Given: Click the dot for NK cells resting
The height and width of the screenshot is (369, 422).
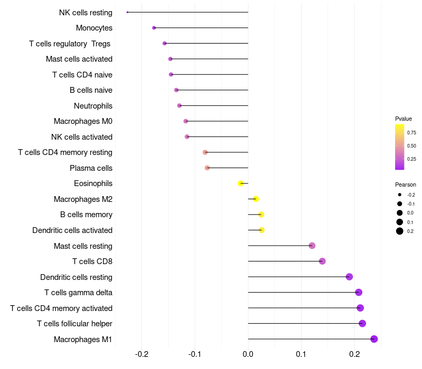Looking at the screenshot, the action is click(x=128, y=12).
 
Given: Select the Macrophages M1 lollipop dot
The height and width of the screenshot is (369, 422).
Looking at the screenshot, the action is click(x=374, y=339).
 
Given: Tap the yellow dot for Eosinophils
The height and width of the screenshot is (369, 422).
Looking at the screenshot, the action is click(x=241, y=183).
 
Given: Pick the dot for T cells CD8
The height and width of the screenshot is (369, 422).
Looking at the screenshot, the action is click(x=322, y=261).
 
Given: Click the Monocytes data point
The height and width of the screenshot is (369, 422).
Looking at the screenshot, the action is click(x=154, y=28).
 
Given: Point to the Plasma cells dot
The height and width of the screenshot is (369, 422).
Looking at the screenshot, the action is click(x=207, y=168).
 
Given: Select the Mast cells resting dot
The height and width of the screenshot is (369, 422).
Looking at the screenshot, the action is click(x=312, y=246).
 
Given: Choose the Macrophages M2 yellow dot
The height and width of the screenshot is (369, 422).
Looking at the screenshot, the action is click(x=256, y=199).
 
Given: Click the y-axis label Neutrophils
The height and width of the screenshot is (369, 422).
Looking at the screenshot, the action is click(x=93, y=106).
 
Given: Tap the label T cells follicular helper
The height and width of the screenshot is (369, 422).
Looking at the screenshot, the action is click(x=74, y=324).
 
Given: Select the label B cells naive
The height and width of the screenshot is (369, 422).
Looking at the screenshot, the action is click(x=91, y=90).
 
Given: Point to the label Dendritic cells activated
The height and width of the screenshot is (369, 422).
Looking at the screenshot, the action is click(x=72, y=230).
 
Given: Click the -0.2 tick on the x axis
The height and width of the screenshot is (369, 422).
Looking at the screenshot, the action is click(x=141, y=354).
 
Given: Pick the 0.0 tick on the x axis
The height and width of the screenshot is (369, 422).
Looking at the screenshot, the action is click(x=248, y=354).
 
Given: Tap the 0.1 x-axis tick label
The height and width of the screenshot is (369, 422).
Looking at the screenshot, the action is click(x=301, y=354).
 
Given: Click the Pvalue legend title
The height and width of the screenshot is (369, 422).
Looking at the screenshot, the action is click(x=404, y=119).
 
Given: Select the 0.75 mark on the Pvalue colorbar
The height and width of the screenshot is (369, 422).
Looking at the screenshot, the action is click(x=411, y=133).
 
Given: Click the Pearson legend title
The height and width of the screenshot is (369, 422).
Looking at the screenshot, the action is click(x=406, y=185).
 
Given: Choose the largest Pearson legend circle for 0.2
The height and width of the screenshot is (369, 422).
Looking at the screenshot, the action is click(x=400, y=231).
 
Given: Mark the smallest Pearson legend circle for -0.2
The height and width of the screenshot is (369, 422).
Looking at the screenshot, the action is click(x=400, y=195).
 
